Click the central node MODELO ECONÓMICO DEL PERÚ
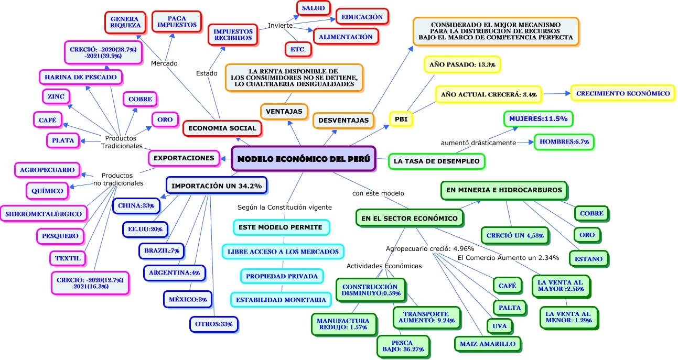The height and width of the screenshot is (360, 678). [304, 159]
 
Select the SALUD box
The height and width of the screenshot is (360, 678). [313, 8]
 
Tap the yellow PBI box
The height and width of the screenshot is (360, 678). [401, 119]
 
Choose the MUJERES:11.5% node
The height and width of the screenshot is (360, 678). [539, 119]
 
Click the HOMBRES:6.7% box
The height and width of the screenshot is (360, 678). [564, 142]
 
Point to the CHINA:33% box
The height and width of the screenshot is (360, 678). [136, 205]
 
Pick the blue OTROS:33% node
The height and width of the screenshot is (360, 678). [213, 324]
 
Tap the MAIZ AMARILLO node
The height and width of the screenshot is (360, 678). [488, 344]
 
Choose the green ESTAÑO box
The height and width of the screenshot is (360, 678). [588, 258]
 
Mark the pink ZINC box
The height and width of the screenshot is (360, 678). [56, 96]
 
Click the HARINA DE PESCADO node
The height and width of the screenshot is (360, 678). [81, 77]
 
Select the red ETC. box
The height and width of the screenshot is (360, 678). [298, 49]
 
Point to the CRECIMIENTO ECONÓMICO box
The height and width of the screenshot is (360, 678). [623, 93]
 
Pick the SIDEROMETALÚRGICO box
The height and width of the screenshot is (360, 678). [44, 213]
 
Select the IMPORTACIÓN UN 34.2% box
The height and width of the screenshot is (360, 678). [217, 185]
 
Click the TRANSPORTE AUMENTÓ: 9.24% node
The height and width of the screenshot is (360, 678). [426, 317]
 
